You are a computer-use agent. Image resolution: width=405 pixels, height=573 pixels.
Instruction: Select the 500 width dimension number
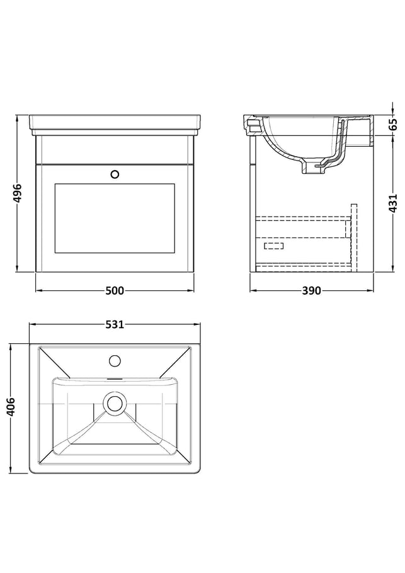click(x=115, y=291)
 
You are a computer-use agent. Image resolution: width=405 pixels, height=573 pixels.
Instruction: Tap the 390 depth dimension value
click(x=311, y=291)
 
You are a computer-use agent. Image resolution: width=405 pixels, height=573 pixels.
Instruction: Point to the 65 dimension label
click(x=392, y=125)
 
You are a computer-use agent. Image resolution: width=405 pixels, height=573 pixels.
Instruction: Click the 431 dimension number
click(x=392, y=203)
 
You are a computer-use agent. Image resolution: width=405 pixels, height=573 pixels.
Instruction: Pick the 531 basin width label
click(x=115, y=324)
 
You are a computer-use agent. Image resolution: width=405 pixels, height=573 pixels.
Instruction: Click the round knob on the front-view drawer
click(x=115, y=174)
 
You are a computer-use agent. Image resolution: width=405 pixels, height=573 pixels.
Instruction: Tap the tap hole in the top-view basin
click(x=115, y=361)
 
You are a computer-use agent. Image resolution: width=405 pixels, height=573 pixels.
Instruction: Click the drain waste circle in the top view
click(x=115, y=404)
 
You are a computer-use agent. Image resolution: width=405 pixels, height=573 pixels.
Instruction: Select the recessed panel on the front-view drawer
click(x=115, y=218)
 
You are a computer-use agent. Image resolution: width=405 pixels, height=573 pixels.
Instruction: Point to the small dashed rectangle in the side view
click(x=273, y=246)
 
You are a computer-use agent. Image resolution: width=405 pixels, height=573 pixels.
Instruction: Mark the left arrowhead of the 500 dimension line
click(x=38, y=291)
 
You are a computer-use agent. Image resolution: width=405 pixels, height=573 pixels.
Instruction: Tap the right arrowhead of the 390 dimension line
click(x=371, y=291)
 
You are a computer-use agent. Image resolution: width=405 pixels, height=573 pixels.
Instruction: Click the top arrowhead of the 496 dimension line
click(x=17, y=118)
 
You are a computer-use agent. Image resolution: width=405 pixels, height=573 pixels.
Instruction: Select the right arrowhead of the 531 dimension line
click(x=198, y=324)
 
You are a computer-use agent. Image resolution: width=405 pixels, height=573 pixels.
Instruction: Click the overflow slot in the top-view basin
click(x=115, y=378)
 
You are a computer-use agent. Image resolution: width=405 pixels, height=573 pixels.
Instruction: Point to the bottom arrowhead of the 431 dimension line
click(x=392, y=269)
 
